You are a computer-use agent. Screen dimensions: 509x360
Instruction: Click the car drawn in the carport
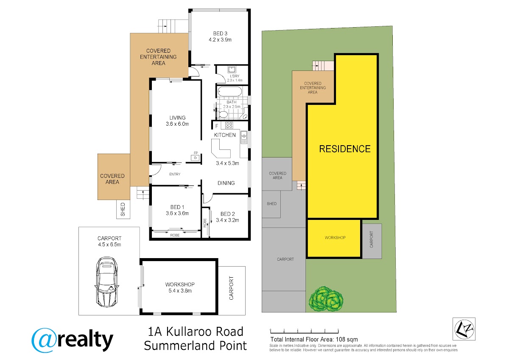[107, 282]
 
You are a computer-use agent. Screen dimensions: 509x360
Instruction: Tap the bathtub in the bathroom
[229, 92]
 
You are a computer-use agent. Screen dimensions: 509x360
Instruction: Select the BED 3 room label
[220, 34]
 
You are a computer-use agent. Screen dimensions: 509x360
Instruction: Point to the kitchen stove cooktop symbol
[229, 125]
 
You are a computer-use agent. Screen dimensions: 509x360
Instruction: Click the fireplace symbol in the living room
[195, 157]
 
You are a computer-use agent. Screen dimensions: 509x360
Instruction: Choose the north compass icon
[464, 329]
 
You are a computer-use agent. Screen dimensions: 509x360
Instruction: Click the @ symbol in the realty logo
[44, 340]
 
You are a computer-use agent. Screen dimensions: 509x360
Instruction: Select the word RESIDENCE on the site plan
[345, 149]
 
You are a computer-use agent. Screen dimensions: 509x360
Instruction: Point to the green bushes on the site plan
[326, 299]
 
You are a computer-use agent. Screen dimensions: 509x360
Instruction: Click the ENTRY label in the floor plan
[175, 174]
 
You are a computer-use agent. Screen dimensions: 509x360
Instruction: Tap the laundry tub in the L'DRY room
[232, 69]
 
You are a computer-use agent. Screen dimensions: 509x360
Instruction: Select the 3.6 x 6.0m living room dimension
[177, 124]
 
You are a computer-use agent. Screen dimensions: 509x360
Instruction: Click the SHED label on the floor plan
[123, 209]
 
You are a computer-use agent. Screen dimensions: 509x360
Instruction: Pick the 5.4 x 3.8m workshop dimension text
[180, 291]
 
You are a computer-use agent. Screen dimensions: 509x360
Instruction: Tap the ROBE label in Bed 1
[175, 235]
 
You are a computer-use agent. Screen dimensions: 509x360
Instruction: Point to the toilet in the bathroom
[223, 114]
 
